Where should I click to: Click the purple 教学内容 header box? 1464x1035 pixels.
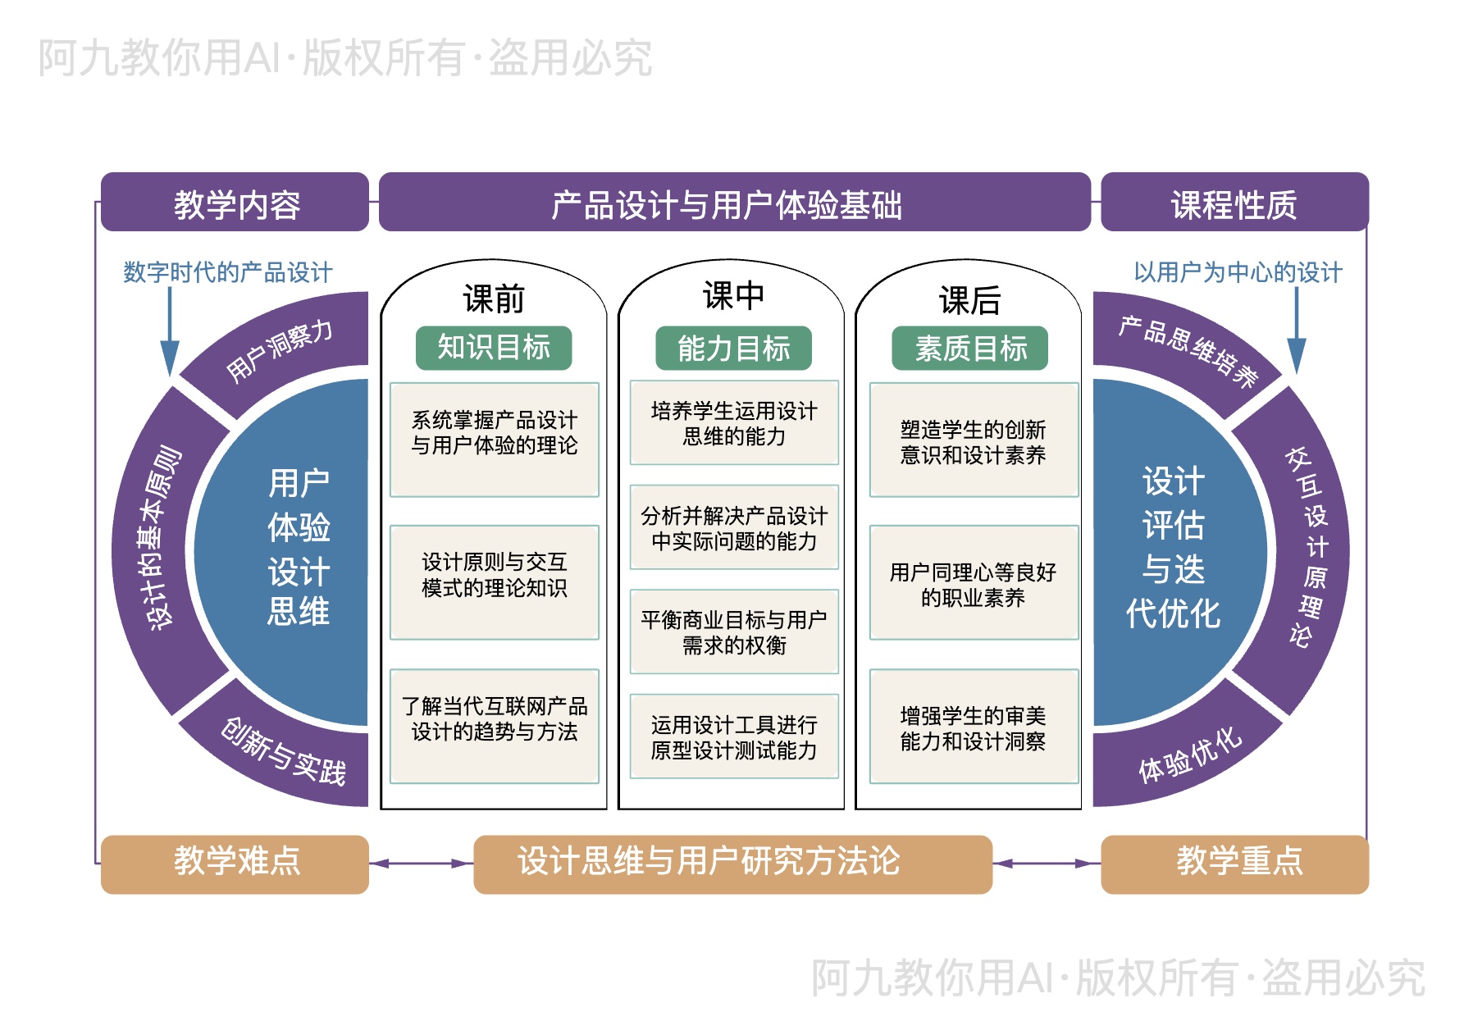point(235,203)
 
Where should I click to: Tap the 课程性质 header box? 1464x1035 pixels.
point(1234,203)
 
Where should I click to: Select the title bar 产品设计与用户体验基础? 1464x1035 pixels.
point(734,203)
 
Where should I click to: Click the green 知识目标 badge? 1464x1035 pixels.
point(493,348)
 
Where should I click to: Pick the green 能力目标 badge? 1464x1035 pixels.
point(733,349)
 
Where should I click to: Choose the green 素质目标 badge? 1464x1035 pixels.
point(969,349)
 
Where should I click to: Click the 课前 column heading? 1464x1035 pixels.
point(493,299)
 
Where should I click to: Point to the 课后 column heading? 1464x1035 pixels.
point(969,300)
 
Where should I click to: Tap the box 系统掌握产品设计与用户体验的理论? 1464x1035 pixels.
point(494,439)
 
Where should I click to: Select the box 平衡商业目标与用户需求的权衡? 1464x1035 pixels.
point(734,631)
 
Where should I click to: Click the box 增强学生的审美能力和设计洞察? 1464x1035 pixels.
point(974,727)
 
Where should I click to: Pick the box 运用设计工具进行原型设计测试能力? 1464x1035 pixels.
point(734,736)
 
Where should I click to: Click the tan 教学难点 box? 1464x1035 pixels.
point(235,864)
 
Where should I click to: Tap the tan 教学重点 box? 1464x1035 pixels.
point(1234,864)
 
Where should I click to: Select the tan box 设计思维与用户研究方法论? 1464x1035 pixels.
point(732,864)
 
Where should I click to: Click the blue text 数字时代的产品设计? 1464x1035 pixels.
point(227,271)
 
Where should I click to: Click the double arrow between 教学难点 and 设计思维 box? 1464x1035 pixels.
point(421,864)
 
